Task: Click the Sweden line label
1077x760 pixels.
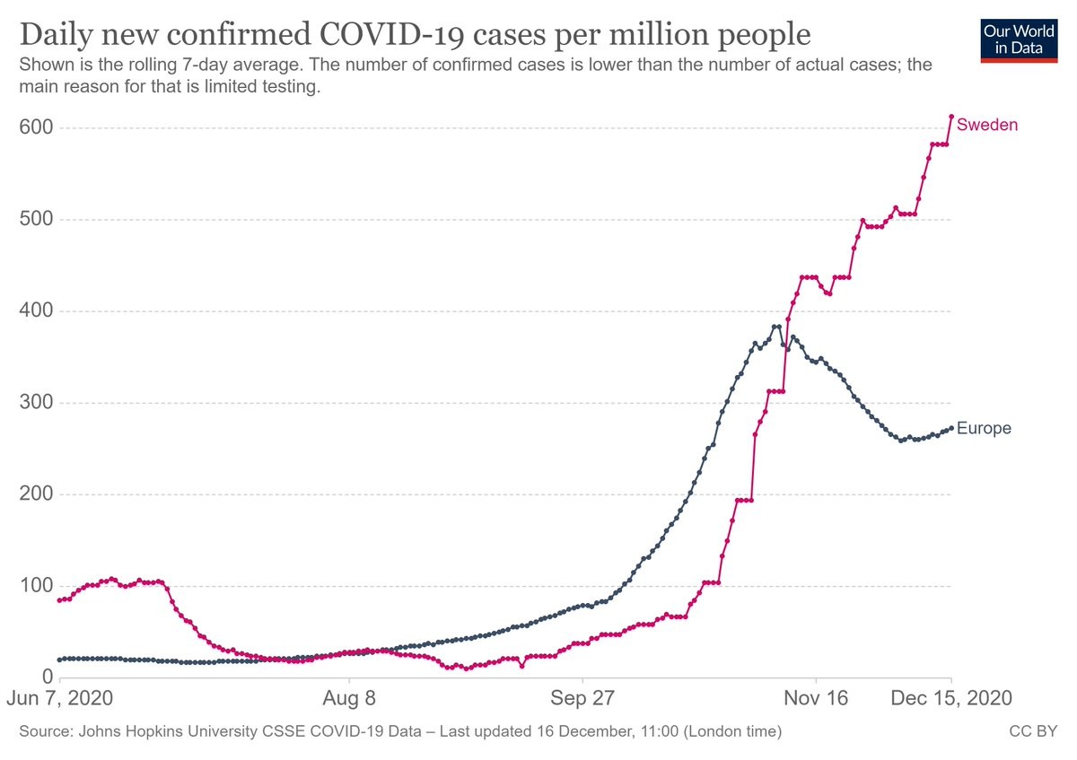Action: click(987, 125)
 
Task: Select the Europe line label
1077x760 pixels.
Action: click(984, 428)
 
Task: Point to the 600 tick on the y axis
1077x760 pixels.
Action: click(36, 128)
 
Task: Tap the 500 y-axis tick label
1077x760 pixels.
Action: click(36, 220)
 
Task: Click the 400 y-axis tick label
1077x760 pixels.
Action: click(36, 311)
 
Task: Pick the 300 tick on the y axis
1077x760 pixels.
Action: click(36, 403)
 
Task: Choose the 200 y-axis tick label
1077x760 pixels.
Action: click(36, 494)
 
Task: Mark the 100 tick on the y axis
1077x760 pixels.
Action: click(36, 586)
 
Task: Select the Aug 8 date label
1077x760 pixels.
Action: click(348, 698)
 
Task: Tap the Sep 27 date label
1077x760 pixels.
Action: click(582, 698)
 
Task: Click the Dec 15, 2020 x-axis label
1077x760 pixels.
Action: click(951, 698)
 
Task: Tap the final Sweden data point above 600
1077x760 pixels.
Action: click(951, 117)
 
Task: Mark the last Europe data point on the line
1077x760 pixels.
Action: click(951, 428)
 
